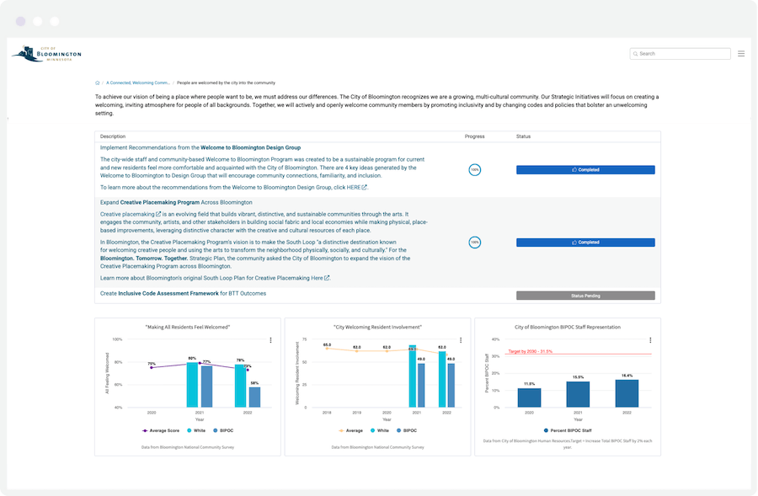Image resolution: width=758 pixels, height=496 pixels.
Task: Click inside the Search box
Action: [682, 54]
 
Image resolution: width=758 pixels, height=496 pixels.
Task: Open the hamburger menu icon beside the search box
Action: [741, 54]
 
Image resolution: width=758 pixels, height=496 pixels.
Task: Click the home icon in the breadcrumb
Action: [98, 83]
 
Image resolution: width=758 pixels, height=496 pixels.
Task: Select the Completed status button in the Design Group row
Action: [585, 170]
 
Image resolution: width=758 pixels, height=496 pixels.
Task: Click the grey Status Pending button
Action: [585, 296]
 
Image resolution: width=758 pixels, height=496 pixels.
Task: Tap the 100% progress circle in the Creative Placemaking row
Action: [475, 243]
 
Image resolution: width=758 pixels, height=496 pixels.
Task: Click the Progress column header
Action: [475, 136]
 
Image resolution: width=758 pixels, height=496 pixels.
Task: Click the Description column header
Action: [113, 136]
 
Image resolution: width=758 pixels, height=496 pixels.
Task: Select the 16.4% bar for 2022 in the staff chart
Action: [627, 394]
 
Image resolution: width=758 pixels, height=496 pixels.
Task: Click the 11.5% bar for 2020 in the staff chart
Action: [529, 398]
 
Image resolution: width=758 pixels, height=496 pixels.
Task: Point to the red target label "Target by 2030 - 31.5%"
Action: [530, 351]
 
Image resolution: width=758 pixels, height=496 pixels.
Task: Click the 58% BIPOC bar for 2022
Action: [254, 397]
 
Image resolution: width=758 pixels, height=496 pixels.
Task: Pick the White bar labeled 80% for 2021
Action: [192, 385]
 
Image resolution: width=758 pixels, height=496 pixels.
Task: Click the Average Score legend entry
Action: [160, 430]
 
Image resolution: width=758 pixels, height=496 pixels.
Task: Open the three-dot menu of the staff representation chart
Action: [650, 341]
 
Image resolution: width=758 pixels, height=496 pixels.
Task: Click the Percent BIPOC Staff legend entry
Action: [568, 430]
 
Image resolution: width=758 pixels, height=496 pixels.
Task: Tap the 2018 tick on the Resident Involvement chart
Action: [327, 413]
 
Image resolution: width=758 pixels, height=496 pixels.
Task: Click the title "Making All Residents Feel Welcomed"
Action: [188, 327]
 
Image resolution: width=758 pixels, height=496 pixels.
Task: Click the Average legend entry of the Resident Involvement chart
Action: [350, 430]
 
